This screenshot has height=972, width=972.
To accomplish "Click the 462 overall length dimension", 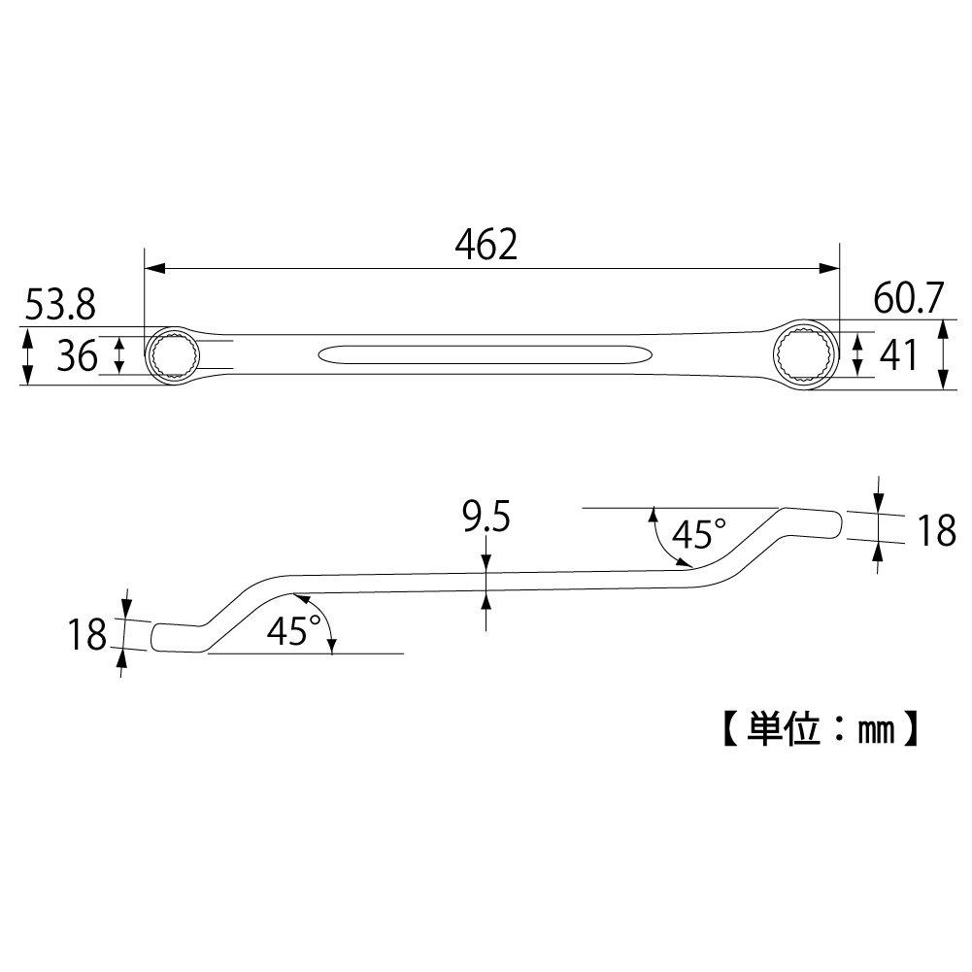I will coord(486,246).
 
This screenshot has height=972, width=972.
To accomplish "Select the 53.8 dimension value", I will coord(59,307).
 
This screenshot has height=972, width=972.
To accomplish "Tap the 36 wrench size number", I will coord(76,356).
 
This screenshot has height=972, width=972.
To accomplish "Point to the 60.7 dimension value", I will coord(908,300).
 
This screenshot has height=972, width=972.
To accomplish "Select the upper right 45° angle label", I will coord(699,532).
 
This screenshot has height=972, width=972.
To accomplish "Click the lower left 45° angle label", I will coord(292,632).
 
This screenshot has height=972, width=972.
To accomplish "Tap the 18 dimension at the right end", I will coord(936,530).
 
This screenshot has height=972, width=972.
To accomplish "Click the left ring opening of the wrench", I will coord(173,355).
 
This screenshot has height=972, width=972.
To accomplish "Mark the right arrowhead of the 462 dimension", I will coord(830,269).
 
